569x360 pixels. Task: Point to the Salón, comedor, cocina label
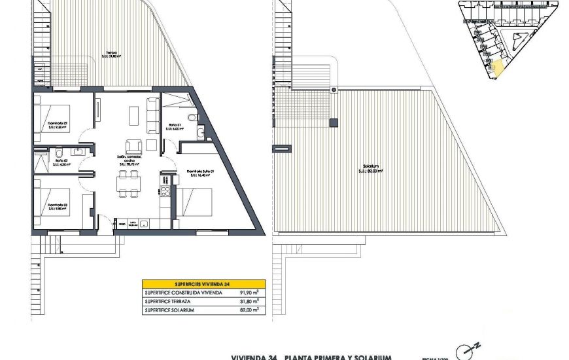[130, 160]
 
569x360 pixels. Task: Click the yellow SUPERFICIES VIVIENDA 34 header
[202, 284]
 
